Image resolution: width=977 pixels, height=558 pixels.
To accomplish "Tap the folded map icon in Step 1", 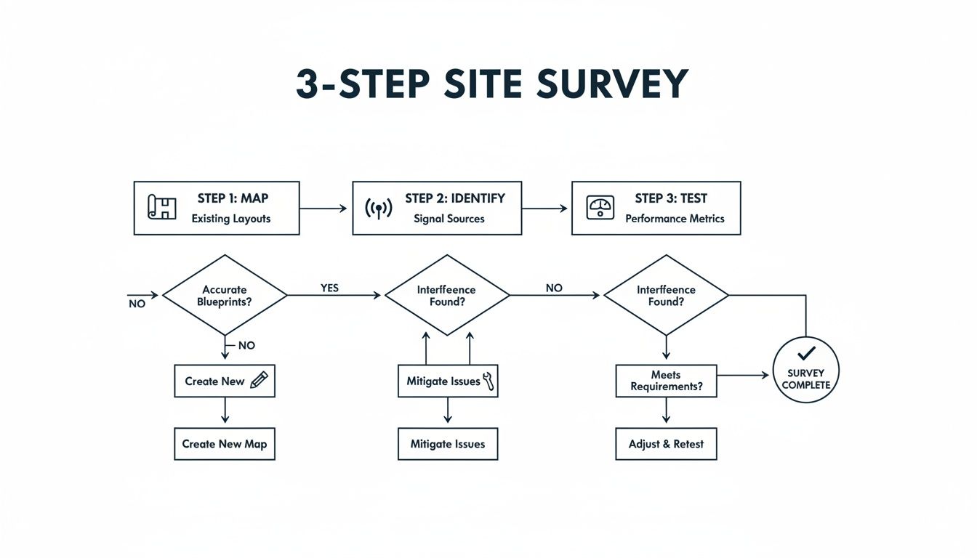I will (162, 207).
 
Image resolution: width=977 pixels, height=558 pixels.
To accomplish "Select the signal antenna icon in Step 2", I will (378, 208).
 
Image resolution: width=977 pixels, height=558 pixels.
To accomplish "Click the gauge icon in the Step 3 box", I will (600, 207).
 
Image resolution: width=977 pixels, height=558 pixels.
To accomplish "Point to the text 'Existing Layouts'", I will (231, 219).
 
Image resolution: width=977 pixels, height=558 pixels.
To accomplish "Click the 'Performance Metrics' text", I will (675, 219).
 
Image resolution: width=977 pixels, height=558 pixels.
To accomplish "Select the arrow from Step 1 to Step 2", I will (324, 209).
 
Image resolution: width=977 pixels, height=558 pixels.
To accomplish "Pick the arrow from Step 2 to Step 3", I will (544, 209).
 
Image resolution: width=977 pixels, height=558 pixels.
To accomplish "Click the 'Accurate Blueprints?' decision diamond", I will (225, 295).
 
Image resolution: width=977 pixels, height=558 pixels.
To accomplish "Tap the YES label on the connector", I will (330, 288).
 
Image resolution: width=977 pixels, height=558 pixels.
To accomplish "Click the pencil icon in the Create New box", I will (259, 380).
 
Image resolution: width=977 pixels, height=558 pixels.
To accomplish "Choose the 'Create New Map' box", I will (225, 444).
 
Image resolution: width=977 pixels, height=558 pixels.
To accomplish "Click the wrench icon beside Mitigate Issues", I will (488, 381).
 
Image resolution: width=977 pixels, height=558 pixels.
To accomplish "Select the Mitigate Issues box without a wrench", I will (447, 444).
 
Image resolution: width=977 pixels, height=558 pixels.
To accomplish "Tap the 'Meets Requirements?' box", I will (666, 381).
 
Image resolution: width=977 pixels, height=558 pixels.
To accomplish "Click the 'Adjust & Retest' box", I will (666, 444).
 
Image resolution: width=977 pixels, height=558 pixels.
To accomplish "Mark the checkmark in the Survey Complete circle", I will (805, 354).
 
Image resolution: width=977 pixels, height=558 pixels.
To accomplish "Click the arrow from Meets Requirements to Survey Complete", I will (743, 375).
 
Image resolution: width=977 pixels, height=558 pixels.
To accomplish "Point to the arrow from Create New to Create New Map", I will (225, 411).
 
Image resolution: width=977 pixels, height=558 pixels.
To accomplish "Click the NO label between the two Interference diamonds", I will (554, 288).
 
